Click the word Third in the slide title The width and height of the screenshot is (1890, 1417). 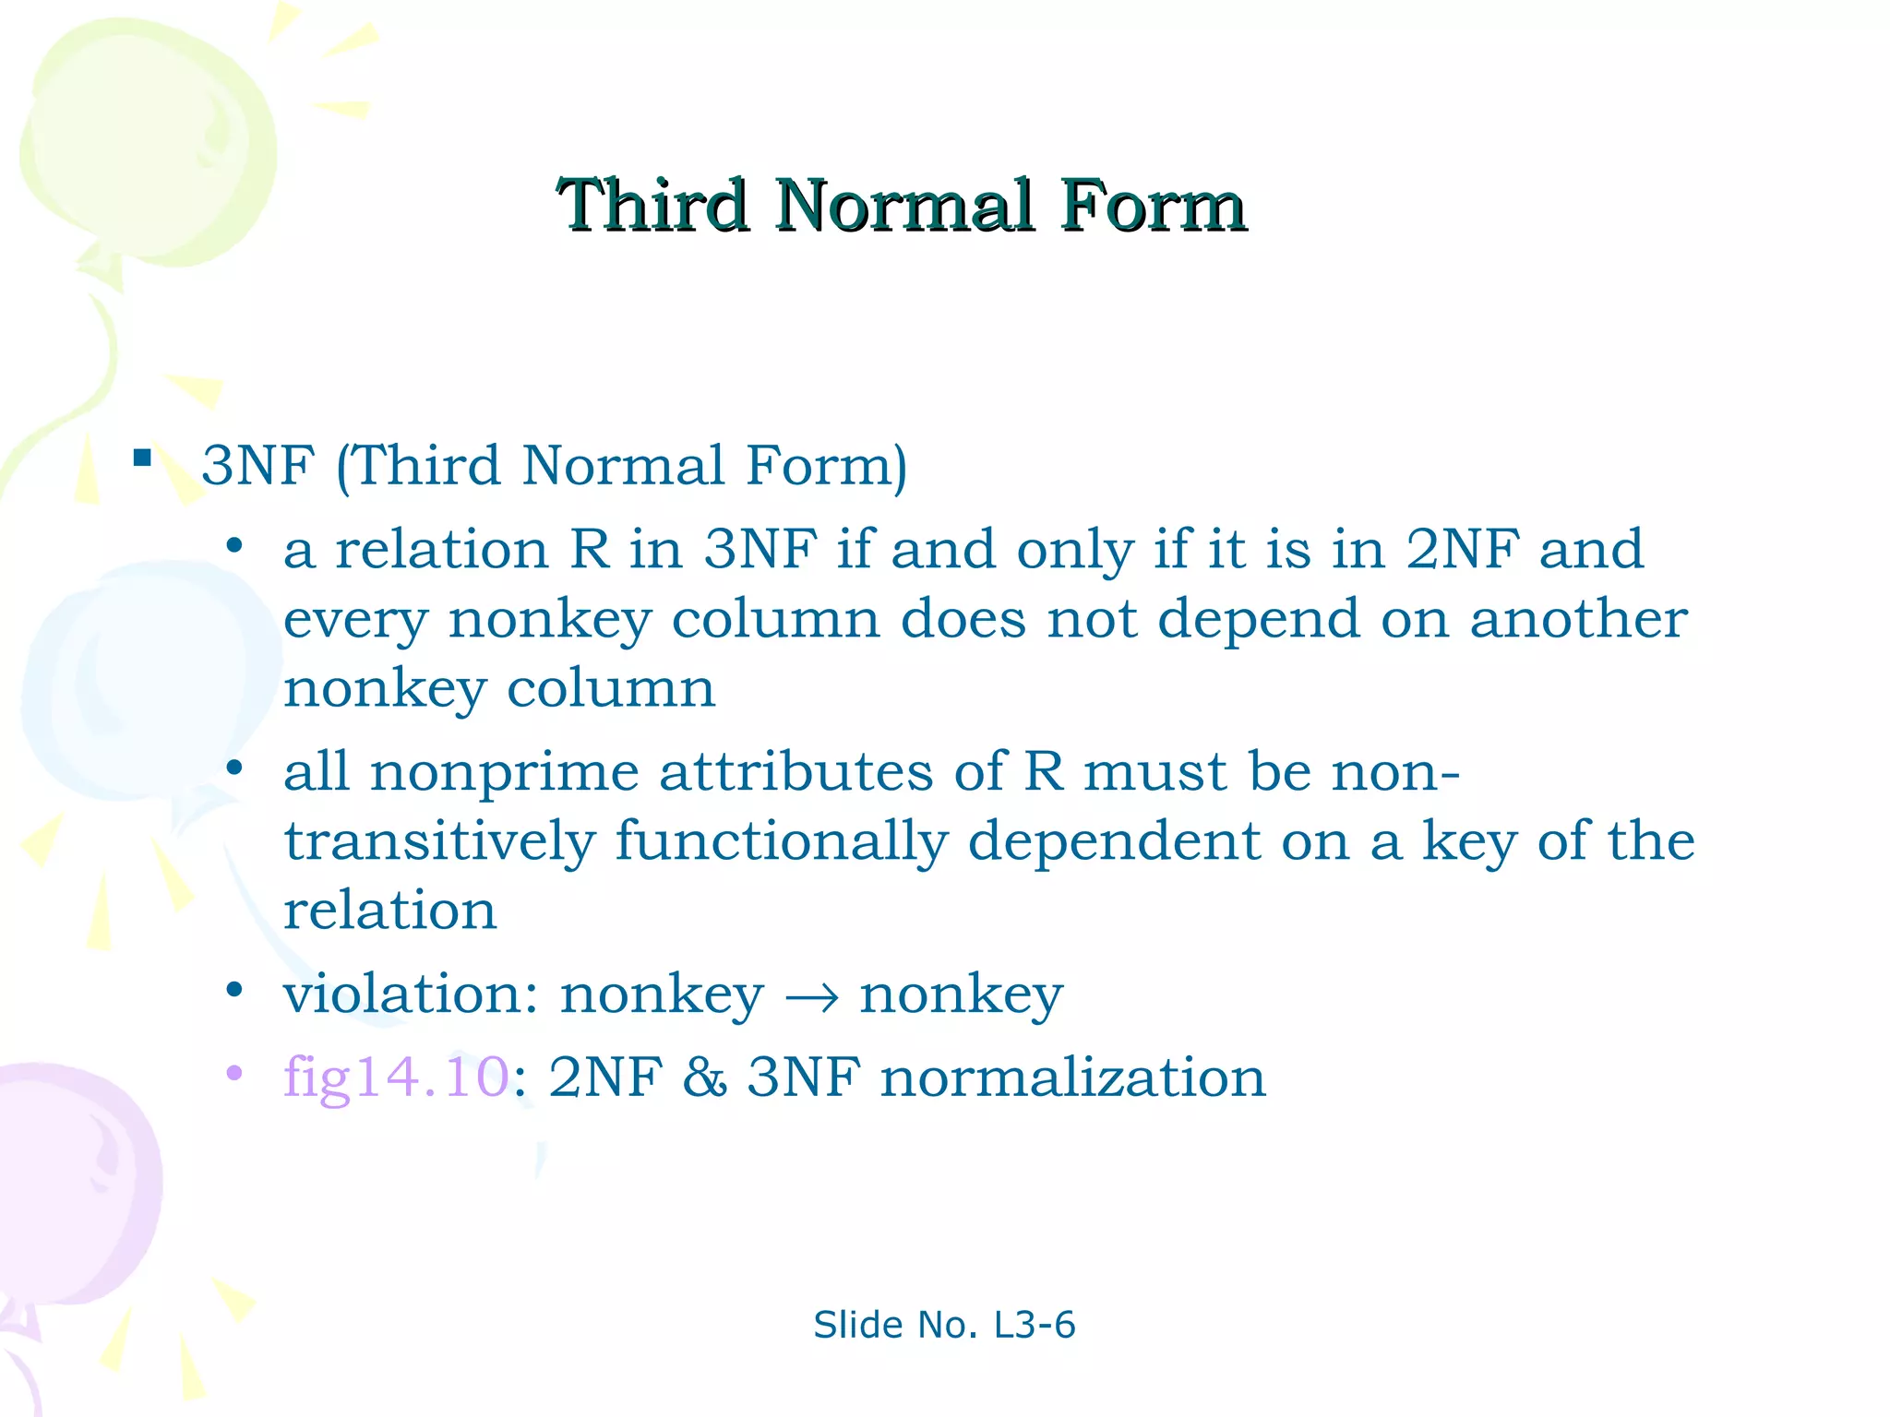point(652,206)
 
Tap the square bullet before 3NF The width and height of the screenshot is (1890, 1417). point(142,458)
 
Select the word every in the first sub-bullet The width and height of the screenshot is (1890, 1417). point(355,620)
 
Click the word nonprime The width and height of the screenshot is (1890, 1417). point(504,773)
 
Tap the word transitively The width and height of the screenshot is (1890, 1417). point(439,842)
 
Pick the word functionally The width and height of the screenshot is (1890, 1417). point(781,842)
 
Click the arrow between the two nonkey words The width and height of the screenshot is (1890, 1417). point(811,997)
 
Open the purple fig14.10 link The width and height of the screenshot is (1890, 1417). point(396,1078)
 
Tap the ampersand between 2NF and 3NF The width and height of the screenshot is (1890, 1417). point(704,1078)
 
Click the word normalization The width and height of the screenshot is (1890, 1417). point(1072,1078)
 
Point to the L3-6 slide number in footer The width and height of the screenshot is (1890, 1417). point(1034,1325)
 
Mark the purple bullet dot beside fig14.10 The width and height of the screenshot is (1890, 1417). point(234,1073)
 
